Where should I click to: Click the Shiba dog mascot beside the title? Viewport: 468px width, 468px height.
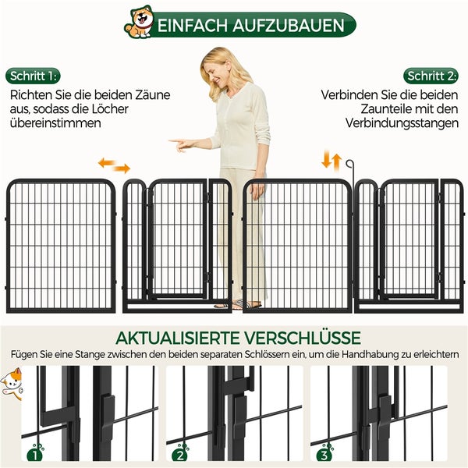139,23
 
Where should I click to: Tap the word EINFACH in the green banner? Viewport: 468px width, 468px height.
193,26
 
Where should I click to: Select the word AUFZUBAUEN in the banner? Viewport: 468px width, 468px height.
289,26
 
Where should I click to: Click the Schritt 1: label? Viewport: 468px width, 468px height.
33,76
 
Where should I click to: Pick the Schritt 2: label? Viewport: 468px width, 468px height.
431,76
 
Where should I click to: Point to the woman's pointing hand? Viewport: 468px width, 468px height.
181,144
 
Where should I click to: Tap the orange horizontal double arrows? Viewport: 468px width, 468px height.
115,165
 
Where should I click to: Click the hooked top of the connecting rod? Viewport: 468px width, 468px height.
349,163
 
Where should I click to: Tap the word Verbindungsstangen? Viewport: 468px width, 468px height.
402,123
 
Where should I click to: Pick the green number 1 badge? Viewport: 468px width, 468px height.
35,454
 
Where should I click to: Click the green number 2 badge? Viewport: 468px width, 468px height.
180,454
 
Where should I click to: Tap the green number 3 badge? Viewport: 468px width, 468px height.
324,454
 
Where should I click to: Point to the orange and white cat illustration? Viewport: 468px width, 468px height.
12,384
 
